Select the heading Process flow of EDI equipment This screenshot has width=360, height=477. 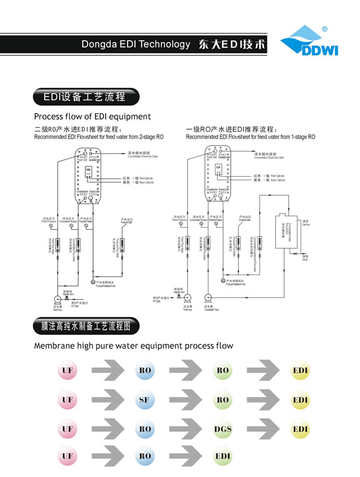(92, 117)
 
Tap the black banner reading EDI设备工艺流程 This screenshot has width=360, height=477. (85, 97)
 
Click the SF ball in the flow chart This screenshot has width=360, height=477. (144, 400)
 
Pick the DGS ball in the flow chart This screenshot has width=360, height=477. (223, 428)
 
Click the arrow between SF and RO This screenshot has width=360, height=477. (185, 400)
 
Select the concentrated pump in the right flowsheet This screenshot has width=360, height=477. (208, 297)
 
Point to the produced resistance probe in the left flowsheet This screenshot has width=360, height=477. (94, 282)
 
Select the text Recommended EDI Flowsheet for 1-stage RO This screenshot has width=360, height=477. (250, 137)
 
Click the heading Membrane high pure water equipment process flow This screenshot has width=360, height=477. (134, 345)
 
